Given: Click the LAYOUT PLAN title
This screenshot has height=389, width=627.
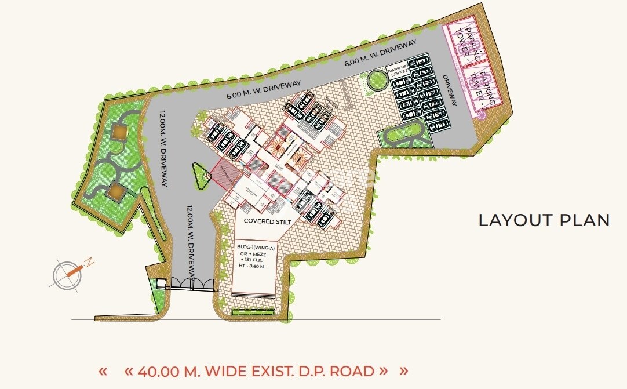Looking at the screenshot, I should (544, 220).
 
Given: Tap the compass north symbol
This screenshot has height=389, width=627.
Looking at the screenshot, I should (68, 274).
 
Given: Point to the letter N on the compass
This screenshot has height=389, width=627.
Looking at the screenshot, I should (90, 262).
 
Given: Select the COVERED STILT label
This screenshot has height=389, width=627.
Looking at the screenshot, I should (267, 221).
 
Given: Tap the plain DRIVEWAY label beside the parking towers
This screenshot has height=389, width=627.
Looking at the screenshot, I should (449, 90).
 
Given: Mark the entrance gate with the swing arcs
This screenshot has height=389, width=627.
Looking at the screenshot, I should (185, 283).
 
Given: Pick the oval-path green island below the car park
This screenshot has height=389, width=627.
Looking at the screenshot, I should (404, 137).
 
